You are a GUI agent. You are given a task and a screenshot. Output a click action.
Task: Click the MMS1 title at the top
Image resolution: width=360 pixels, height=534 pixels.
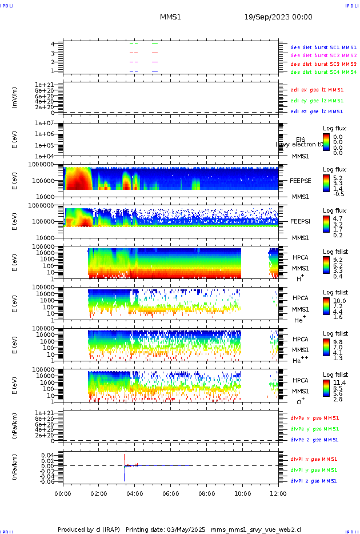170,17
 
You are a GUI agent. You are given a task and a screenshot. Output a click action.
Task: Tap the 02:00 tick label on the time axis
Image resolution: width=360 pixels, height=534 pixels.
99,493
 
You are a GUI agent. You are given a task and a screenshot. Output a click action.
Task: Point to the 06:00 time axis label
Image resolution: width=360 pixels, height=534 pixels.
170,493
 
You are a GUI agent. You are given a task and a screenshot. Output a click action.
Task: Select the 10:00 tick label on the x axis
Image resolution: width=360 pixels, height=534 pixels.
242,493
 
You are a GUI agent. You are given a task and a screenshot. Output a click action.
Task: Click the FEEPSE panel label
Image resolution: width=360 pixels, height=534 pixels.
301,180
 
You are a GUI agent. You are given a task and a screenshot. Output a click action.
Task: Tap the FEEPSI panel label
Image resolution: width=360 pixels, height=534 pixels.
301,221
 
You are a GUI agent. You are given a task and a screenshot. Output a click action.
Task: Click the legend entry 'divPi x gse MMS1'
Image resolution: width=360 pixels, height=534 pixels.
313,459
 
